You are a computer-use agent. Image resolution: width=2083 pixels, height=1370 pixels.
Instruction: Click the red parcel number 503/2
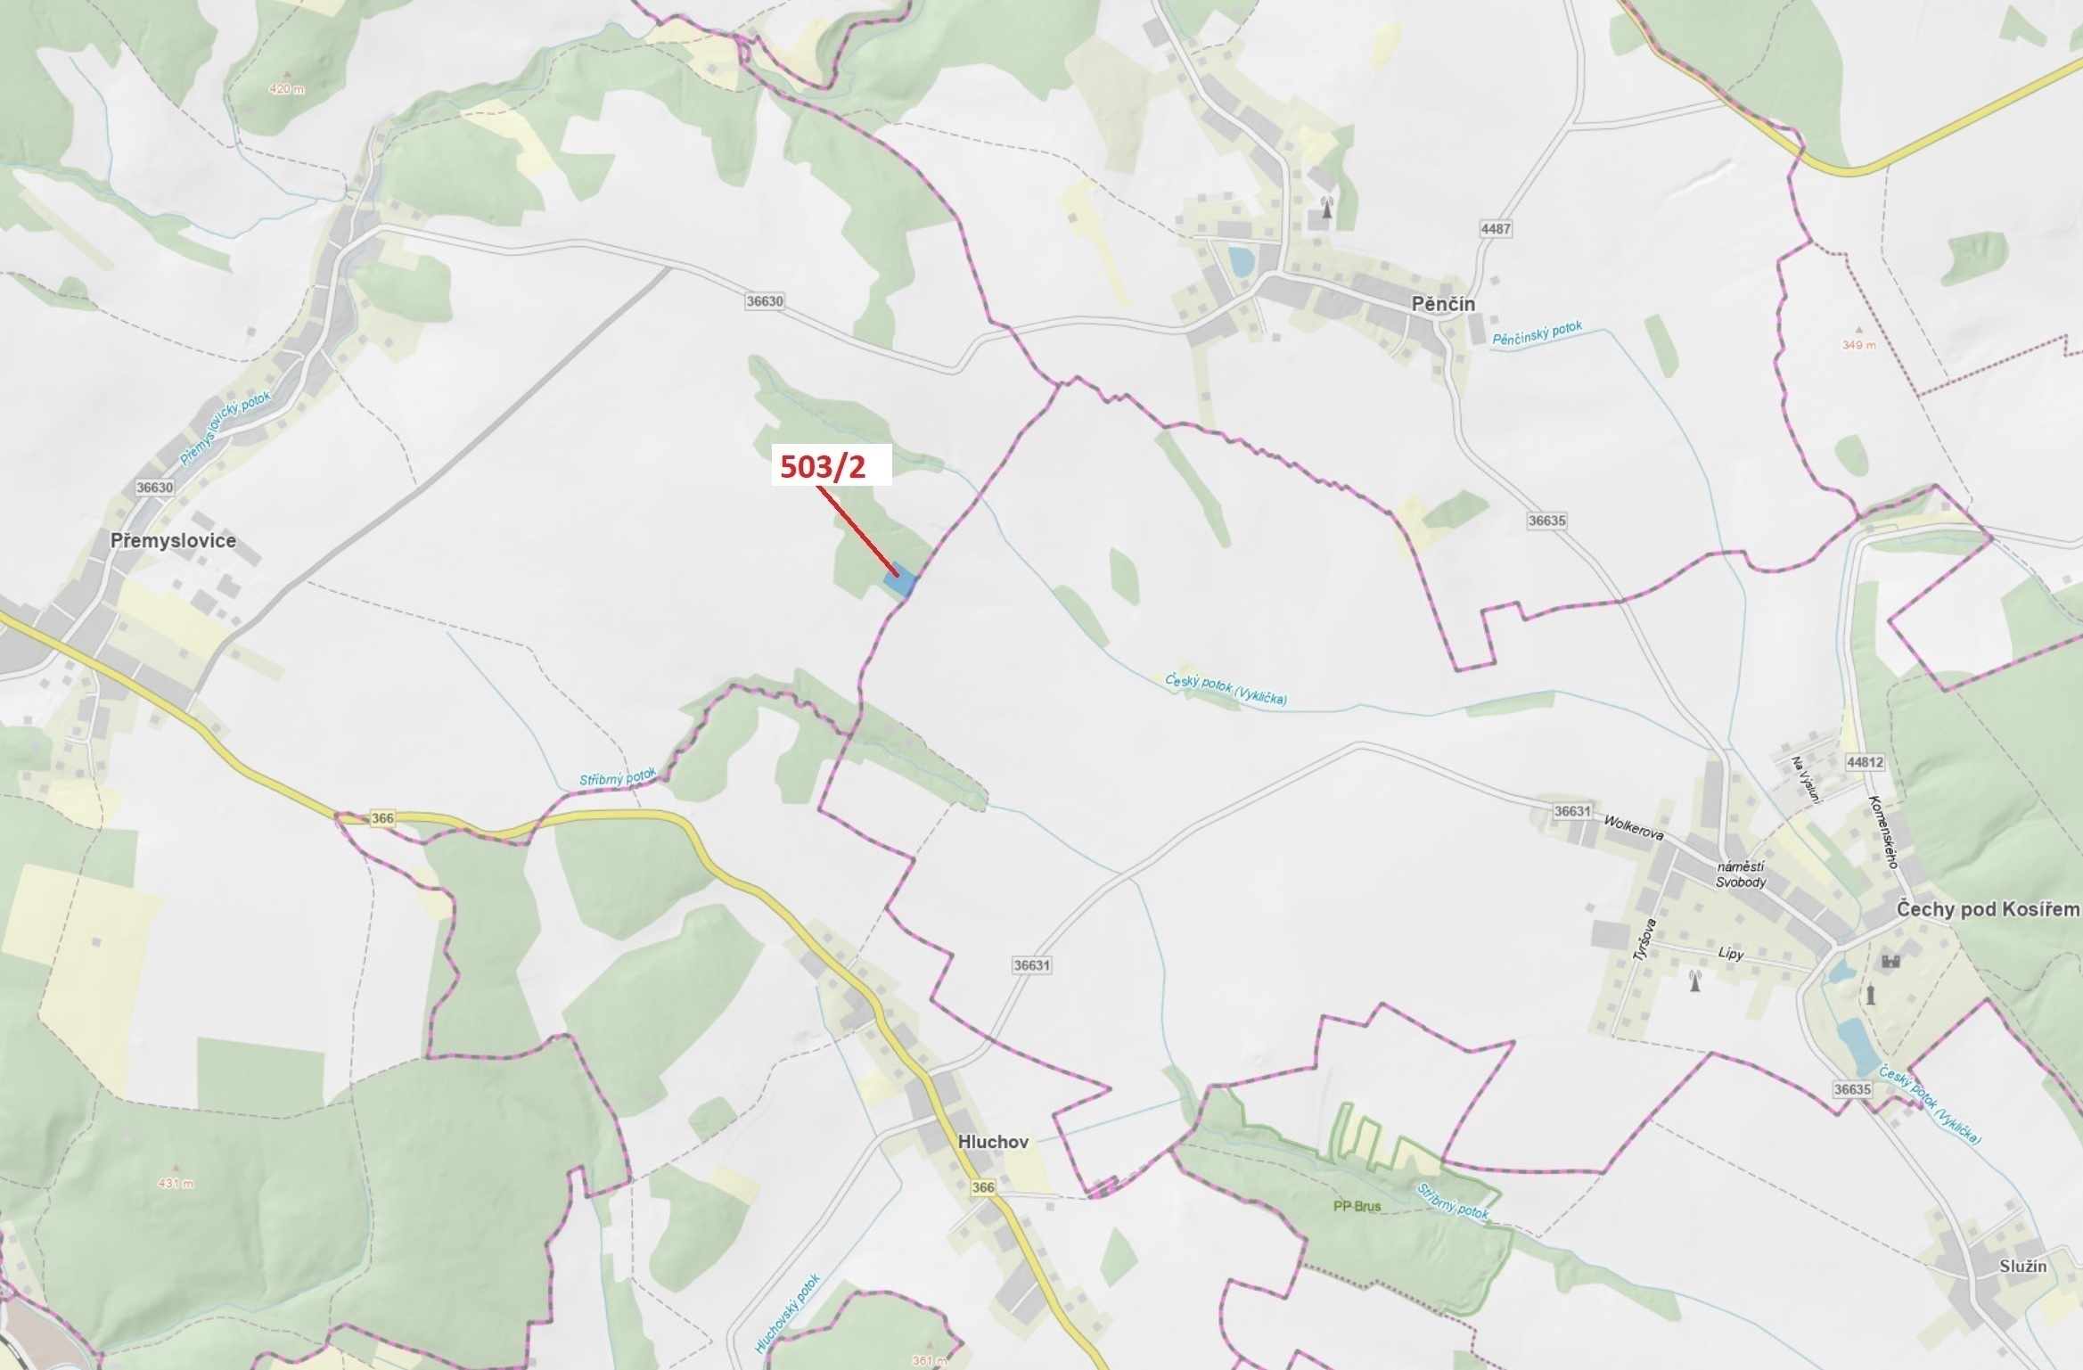click(823, 467)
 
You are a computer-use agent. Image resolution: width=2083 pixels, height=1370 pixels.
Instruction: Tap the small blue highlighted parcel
click(900, 583)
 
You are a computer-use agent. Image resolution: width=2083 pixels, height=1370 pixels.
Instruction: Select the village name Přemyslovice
click(173, 541)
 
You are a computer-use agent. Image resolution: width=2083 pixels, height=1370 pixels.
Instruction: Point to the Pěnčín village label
click(1443, 305)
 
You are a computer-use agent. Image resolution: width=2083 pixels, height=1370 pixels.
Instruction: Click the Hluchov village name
click(993, 1142)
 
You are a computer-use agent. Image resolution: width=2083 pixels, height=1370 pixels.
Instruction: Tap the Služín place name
click(2022, 1267)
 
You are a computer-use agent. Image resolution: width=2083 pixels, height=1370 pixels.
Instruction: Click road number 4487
click(1496, 229)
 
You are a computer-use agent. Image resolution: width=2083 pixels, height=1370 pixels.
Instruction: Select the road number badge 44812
click(1866, 762)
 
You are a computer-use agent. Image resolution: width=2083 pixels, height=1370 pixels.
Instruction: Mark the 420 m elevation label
click(286, 89)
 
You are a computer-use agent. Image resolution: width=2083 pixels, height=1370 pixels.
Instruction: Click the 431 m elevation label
click(175, 1183)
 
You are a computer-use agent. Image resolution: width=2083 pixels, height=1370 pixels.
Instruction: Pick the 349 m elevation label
click(1858, 344)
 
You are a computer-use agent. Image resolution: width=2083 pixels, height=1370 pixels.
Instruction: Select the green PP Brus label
click(1357, 1207)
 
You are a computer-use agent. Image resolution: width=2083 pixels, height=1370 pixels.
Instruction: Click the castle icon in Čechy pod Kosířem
click(1890, 961)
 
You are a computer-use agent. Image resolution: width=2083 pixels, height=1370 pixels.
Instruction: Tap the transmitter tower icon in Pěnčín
click(1326, 208)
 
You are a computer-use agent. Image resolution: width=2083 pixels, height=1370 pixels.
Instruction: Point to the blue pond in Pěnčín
click(1239, 261)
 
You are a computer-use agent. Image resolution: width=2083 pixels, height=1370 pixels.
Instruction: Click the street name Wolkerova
click(1634, 828)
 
